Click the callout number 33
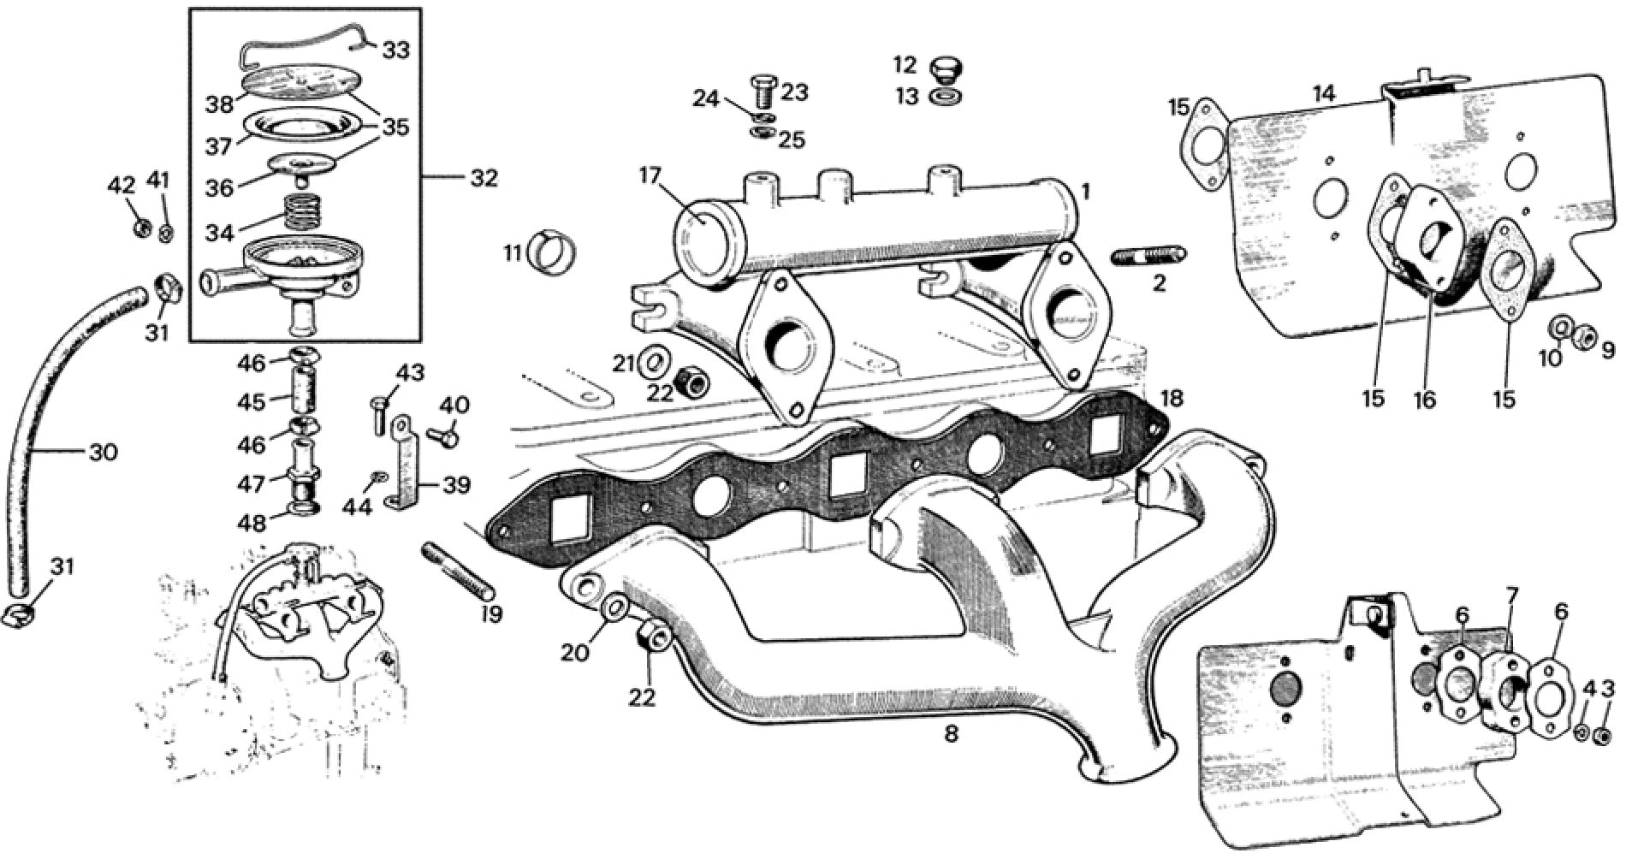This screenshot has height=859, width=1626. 395,50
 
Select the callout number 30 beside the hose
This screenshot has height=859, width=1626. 103,452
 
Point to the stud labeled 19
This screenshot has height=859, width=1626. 458,572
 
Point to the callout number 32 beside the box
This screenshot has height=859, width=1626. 484,178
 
